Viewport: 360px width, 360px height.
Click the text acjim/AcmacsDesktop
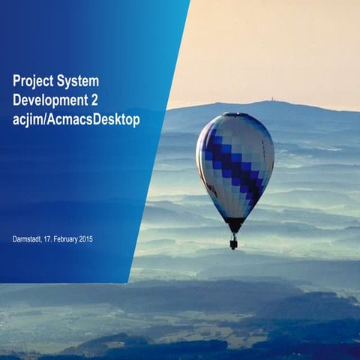(x=76, y=120)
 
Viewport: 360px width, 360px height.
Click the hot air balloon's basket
(x=233, y=244)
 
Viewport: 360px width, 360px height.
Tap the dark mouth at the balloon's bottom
(x=234, y=223)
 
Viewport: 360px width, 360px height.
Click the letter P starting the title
(x=17, y=81)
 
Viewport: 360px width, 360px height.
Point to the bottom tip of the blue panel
(x=128, y=282)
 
